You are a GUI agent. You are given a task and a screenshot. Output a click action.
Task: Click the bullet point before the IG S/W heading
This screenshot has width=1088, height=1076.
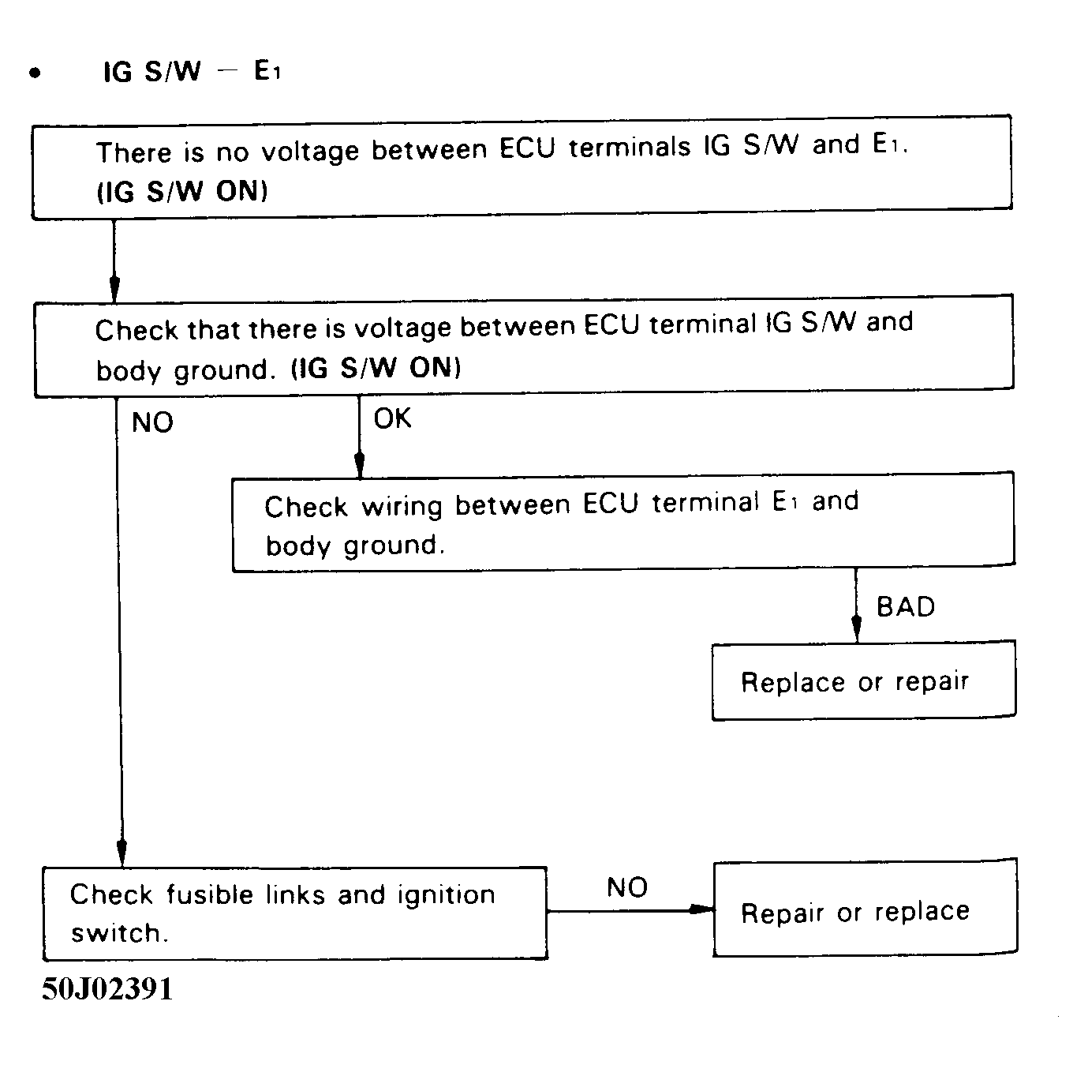[34, 73]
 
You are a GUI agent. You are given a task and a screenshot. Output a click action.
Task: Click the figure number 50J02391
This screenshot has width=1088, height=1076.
[107, 988]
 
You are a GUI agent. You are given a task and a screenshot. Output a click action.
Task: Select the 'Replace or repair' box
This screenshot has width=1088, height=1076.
[863, 681]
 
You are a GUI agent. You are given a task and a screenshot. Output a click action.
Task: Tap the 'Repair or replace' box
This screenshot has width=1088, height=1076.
[865, 909]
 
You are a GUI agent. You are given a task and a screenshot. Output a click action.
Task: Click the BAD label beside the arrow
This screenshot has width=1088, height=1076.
[906, 607]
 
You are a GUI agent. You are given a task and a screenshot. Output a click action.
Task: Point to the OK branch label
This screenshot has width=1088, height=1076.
[392, 418]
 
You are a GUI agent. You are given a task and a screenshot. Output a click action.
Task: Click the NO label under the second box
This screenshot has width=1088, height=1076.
[152, 422]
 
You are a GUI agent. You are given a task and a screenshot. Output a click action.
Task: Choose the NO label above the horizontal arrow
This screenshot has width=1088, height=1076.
[627, 887]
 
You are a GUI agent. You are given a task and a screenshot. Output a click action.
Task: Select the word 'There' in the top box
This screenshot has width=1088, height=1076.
[133, 152]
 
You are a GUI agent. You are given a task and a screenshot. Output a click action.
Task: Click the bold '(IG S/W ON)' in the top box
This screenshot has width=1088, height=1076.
[182, 192]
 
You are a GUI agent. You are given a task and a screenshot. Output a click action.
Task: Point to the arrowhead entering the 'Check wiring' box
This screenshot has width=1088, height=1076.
[360, 465]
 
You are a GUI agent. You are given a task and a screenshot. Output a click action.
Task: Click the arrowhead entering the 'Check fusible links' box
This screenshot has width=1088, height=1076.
[122, 854]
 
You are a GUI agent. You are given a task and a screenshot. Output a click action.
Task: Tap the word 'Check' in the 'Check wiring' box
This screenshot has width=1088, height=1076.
[305, 506]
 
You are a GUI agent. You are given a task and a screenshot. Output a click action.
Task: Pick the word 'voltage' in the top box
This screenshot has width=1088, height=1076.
[309, 150]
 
